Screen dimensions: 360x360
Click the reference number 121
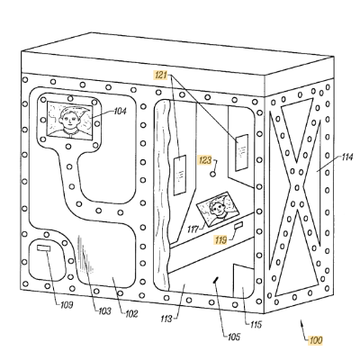(x=161, y=75)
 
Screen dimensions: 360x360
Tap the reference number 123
(x=205, y=160)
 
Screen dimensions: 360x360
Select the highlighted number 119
(x=220, y=239)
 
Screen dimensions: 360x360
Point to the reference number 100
(x=316, y=340)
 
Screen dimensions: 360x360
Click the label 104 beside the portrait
(x=120, y=112)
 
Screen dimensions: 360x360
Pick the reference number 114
(x=347, y=157)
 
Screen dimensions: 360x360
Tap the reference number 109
(x=67, y=305)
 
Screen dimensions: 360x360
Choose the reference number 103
(x=104, y=311)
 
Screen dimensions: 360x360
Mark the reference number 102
(x=131, y=314)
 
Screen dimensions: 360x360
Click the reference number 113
(x=166, y=319)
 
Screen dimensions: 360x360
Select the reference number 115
(x=255, y=324)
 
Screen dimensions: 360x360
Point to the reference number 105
(x=234, y=337)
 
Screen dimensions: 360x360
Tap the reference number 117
(x=193, y=229)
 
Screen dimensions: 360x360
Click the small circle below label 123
(x=213, y=174)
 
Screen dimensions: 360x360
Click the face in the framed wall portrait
(x=68, y=118)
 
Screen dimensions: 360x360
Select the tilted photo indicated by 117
(x=218, y=209)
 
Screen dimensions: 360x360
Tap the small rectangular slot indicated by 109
(x=44, y=248)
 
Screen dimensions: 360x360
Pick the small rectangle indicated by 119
(x=238, y=226)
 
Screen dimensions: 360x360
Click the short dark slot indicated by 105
(x=215, y=280)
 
